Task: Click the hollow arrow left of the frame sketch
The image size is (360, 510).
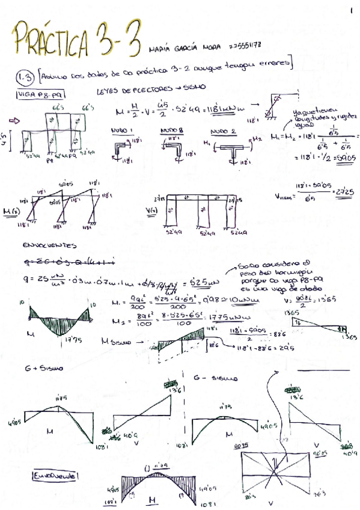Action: (x=9, y=121)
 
